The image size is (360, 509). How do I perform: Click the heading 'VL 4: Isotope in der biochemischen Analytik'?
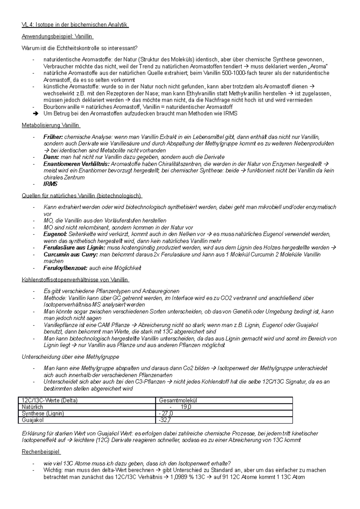pos(75,25)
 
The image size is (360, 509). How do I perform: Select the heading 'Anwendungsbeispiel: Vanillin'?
pos(58,37)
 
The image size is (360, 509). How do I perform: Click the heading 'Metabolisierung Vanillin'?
pos(51,125)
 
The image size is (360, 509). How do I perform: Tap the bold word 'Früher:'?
pos(53,137)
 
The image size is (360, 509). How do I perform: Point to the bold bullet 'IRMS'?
pos(50,184)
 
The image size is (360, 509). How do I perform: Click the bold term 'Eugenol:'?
pos(55,234)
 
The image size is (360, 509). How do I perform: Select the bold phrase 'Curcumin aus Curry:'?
pos(70,255)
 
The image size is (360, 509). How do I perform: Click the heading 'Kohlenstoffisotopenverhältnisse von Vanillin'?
pos(75,280)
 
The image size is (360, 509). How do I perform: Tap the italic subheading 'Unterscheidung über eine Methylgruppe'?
pos(70,357)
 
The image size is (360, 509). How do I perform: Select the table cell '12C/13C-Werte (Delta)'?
pos(50,400)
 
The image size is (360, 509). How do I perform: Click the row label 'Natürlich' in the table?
pos(32,407)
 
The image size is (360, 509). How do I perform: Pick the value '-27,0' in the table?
pos(166,414)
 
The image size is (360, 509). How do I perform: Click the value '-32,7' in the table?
pos(165,420)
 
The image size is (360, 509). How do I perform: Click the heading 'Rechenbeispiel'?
pos(41,452)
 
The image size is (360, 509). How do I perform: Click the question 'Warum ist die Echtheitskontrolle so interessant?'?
pos(79,48)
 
